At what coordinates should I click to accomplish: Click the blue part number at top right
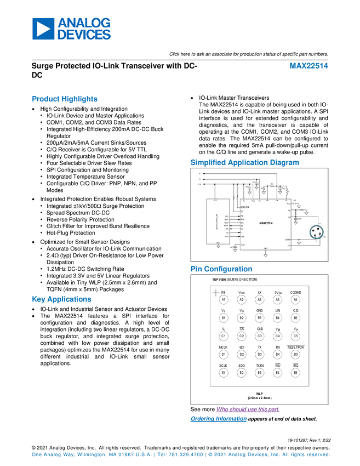(x=310, y=66)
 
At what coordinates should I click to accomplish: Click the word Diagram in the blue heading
(x=285, y=162)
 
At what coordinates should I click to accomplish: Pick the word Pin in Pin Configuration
(x=196, y=269)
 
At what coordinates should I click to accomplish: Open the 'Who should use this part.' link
(x=248, y=410)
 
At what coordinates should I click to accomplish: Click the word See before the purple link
(x=195, y=410)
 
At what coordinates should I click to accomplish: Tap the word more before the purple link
(x=208, y=410)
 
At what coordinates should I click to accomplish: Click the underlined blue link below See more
(x=219, y=419)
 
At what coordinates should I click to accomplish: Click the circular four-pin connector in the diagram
(x=316, y=232)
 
